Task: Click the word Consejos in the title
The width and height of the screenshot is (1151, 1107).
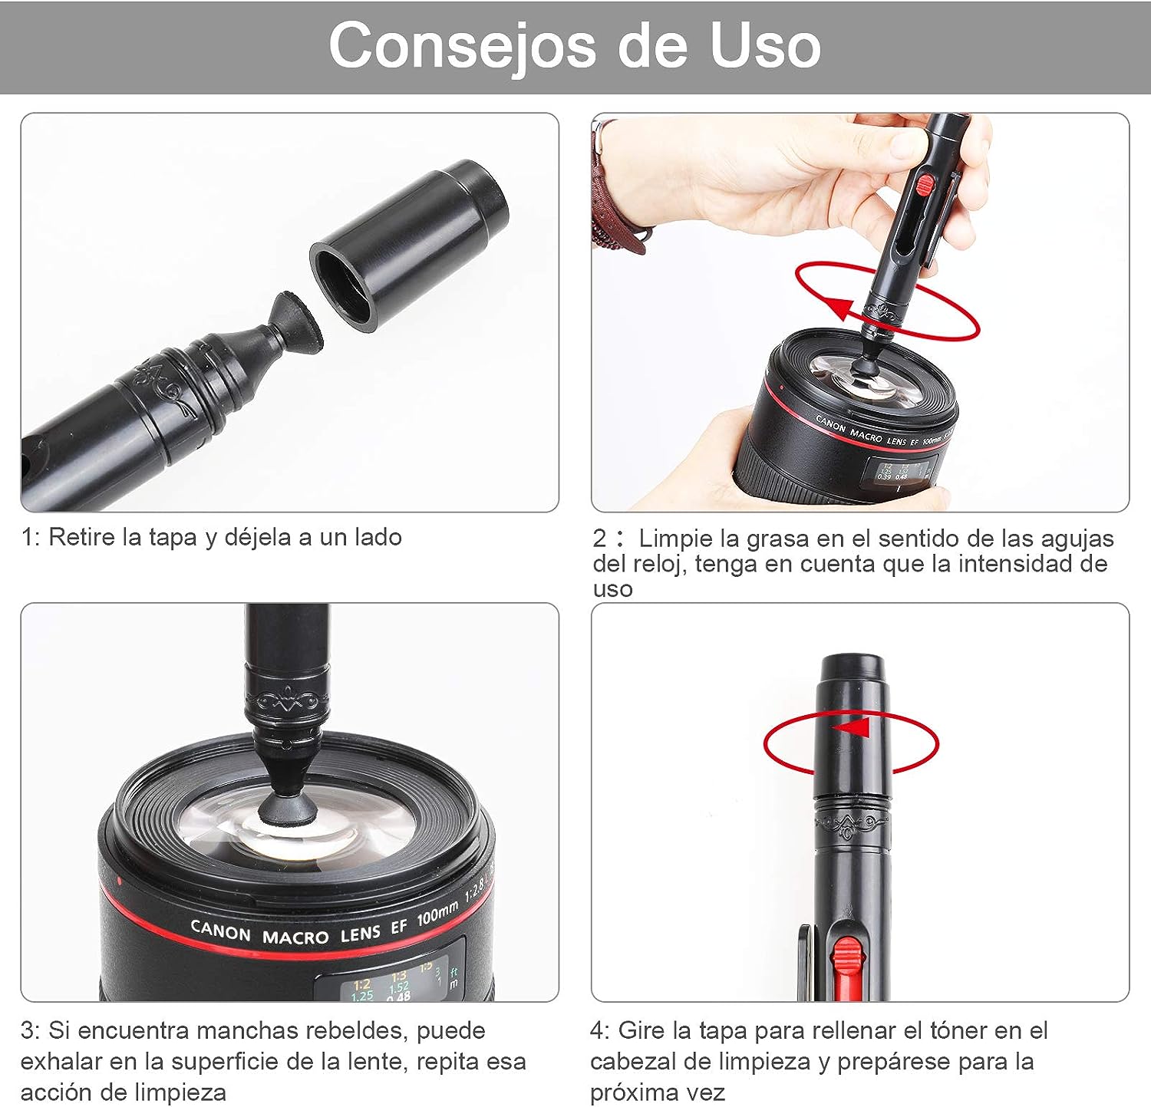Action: pos(462,45)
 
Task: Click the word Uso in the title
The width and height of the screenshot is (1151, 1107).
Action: pos(764,44)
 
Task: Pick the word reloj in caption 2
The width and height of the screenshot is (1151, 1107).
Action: pos(658,564)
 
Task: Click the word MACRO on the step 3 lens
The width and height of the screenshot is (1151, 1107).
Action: pos(295,937)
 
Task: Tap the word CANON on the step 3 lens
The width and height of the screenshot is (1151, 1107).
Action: pos(220,931)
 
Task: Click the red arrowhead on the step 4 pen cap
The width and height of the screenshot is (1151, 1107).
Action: pos(851,726)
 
